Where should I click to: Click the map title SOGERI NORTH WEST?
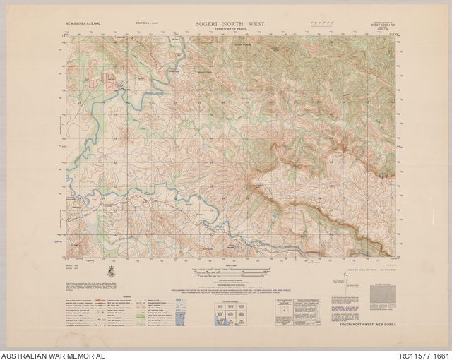(232, 23)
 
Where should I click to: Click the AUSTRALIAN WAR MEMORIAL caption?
(53, 355)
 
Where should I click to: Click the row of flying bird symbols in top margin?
(320, 23)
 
